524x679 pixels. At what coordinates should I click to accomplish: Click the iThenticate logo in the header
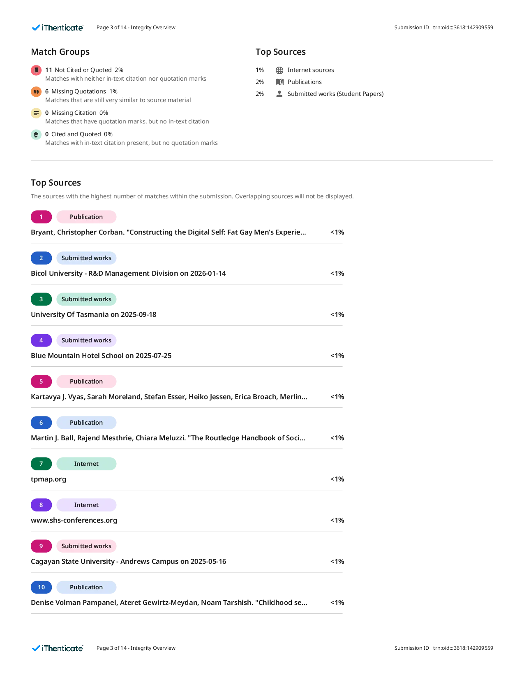click(58, 28)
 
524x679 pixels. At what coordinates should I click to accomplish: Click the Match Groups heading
click(60, 52)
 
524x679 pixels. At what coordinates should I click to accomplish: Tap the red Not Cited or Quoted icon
click(36, 70)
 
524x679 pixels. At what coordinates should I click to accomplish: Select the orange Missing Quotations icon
click(36, 91)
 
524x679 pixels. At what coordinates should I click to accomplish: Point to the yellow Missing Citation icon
click(36, 113)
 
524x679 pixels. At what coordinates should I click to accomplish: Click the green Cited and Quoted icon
click(36, 135)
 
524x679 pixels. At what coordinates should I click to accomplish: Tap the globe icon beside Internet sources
click(279, 70)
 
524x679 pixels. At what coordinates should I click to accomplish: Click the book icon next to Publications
click(279, 82)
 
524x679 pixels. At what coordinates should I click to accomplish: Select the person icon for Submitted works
click(279, 94)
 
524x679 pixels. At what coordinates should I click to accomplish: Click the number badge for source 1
click(41, 217)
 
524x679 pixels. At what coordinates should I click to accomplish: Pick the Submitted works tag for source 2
click(86, 258)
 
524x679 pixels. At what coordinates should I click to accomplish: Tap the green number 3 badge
click(41, 299)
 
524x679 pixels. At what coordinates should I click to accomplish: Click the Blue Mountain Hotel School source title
click(101, 356)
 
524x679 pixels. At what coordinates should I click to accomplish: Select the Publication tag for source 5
click(86, 381)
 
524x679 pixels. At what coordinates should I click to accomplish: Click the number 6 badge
click(41, 423)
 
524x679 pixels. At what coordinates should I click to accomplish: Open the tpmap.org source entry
click(48, 479)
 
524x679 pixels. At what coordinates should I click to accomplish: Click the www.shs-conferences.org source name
click(74, 520)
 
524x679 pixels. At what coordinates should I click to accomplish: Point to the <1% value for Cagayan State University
click(337, 561)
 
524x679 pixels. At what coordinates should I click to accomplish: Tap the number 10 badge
click(41, 587)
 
